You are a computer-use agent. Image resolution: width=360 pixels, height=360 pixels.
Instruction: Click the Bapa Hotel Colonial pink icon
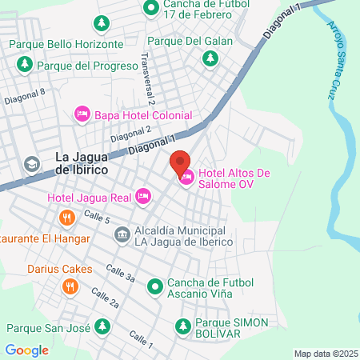(82, 114)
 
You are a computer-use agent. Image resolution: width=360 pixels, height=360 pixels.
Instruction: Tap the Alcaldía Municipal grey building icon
(122, 234)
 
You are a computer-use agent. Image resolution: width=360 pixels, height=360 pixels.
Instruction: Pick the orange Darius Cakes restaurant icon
(70, 285)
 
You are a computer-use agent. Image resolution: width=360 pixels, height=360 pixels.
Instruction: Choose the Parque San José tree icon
(102, 326)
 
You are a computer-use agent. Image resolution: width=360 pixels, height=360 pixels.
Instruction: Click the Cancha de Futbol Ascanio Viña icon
(154, 282)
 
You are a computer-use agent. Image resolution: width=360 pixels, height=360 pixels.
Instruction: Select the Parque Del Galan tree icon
(210, 57)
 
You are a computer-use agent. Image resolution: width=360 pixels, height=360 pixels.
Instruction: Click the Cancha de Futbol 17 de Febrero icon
(150, 10)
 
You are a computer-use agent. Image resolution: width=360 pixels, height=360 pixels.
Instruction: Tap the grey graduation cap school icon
(31, 164)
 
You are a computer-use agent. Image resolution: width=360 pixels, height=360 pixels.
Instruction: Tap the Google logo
(27, 350)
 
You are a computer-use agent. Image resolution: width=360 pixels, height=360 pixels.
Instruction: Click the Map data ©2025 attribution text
(325, 354)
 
